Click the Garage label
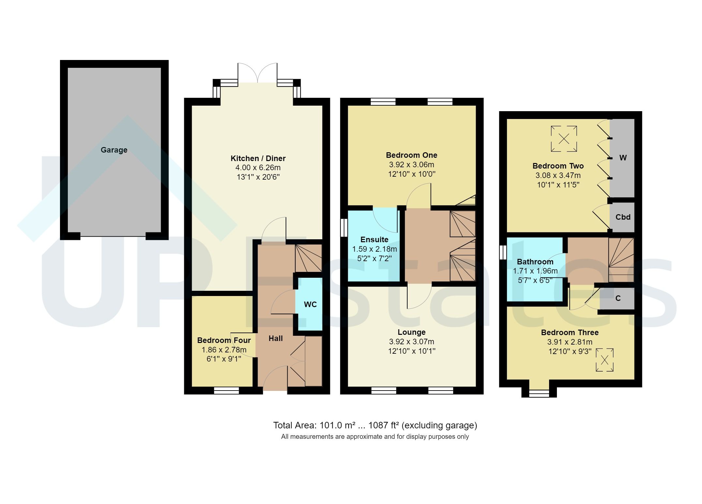114,150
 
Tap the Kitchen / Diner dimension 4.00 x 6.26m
258,168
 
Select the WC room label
310,304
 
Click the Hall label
276,339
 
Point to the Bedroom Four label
224,340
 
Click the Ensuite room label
374,240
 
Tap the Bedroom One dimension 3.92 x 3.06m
411,165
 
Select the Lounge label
411,332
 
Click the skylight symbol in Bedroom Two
564,139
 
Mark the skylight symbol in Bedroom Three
604,360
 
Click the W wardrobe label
623,158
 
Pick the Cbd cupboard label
623,217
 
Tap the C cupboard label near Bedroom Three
618,298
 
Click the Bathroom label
535,262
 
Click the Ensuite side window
343,227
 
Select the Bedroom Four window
226,391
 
